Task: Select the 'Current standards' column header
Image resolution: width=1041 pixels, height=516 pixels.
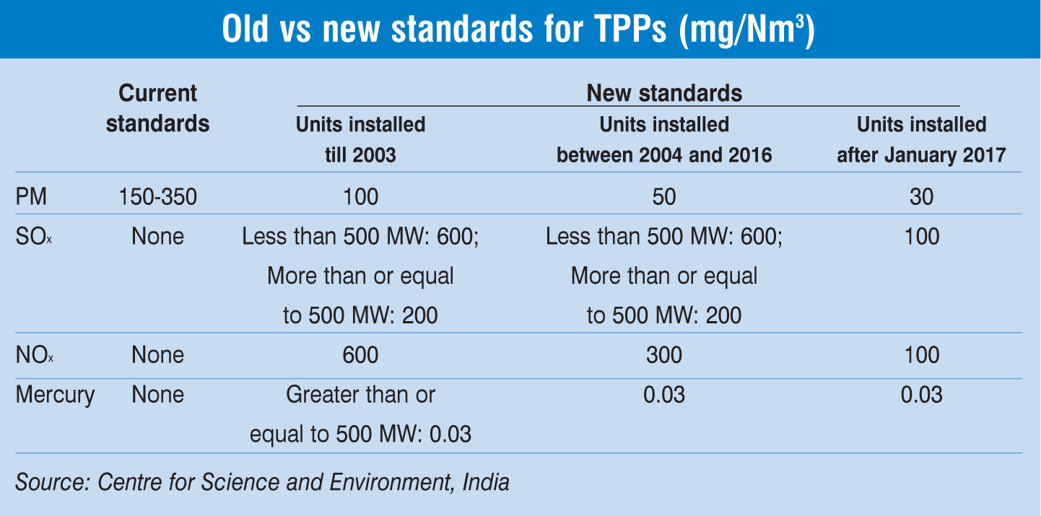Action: pos(157,108)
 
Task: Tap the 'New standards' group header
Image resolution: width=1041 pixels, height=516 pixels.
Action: pos(663,93)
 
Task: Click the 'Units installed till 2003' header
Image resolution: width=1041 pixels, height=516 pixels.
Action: pos(360,139)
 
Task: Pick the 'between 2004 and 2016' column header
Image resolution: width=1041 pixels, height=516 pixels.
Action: pos(663,139)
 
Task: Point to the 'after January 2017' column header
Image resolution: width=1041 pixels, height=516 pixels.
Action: pos(921,139)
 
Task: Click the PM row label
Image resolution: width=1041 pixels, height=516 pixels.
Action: pos(30,197)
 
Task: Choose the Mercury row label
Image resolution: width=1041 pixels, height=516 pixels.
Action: pos(55,395)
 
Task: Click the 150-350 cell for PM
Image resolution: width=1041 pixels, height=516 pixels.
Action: pos(157,197)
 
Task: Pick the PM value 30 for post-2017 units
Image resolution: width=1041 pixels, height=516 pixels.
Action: pos(922,197)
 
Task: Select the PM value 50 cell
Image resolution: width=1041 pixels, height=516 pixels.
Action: pos(663,197)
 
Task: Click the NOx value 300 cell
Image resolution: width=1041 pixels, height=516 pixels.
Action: pos(663,355)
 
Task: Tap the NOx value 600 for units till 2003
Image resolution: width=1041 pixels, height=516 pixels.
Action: pos(360,355)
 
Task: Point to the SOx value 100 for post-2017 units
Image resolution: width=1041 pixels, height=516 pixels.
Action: pos(922,237)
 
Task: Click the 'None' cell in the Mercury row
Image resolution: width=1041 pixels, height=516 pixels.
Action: pos(157,395)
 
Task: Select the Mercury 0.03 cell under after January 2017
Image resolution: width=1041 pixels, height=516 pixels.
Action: pos(922,395)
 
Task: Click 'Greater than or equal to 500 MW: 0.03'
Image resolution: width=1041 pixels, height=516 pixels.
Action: pos(360,415)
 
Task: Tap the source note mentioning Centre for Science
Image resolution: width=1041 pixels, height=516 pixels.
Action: pos(262,481)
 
